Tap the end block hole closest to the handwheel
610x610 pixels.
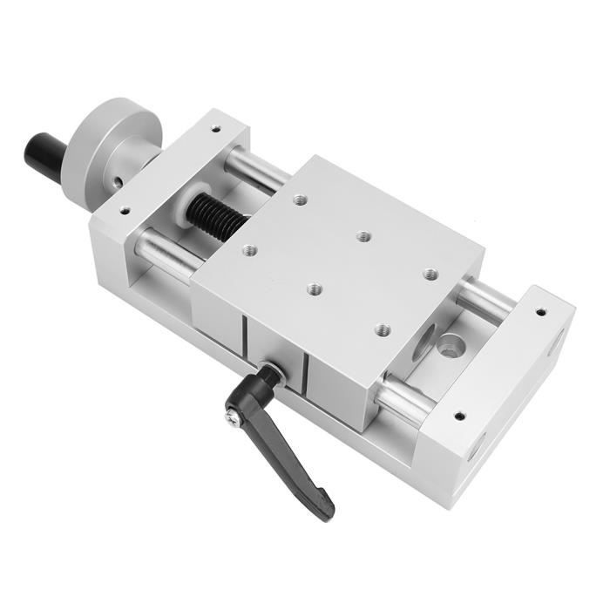click(125, 210)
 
